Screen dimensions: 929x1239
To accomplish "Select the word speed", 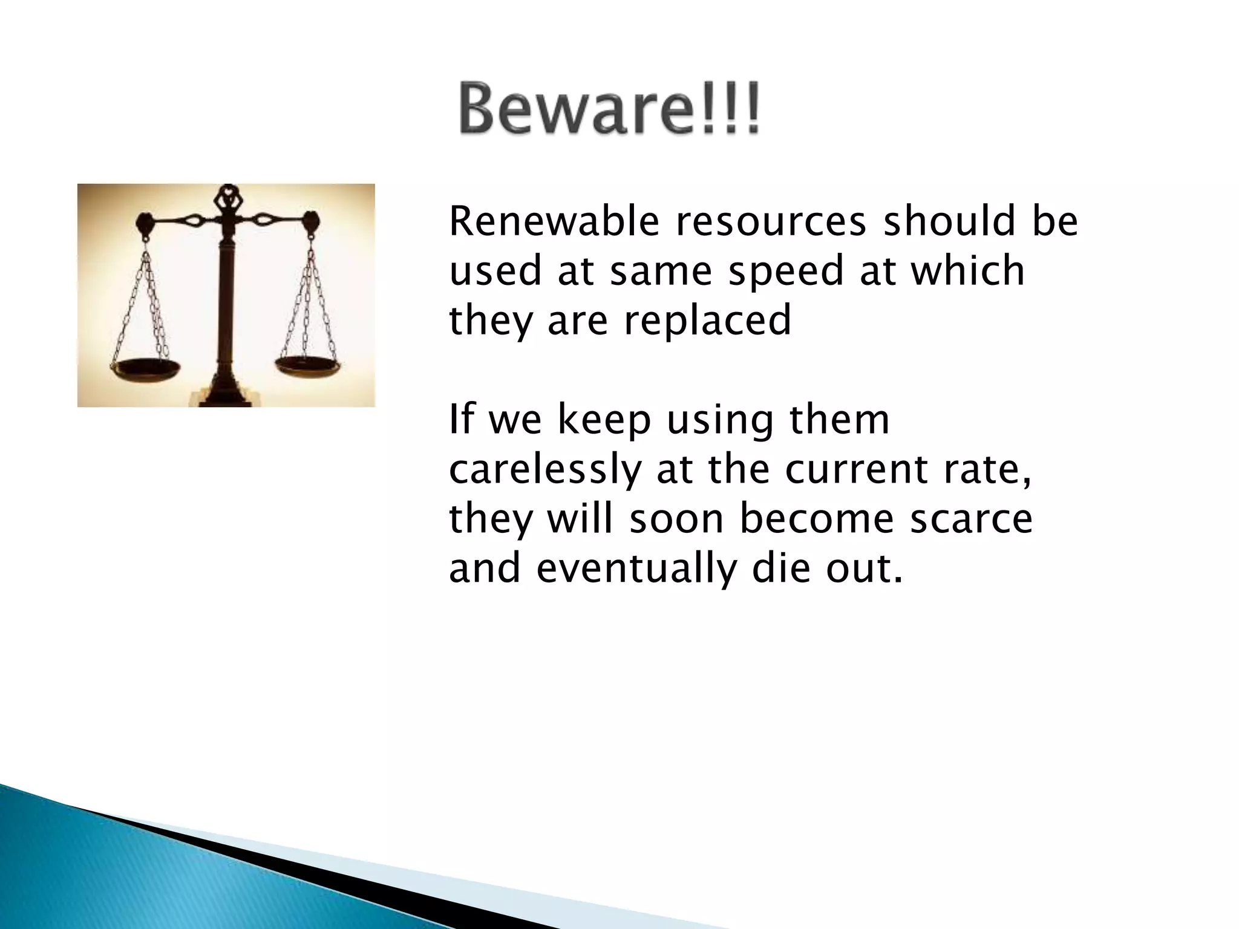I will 785,271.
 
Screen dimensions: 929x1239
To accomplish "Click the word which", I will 967,271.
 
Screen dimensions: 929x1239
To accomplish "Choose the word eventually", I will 636,570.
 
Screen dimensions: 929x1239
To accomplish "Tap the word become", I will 816,520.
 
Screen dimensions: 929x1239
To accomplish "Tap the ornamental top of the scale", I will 226,200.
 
